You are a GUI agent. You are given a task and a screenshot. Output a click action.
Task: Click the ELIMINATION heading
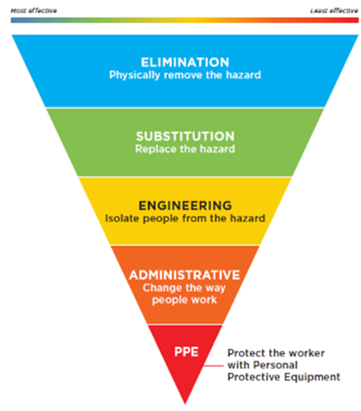coord(185,62)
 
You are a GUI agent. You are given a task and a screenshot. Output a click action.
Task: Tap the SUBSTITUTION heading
coord(185,136)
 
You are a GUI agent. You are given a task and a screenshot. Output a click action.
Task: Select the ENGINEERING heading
coord(185,205)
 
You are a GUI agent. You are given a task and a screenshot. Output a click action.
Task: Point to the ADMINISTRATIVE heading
coord(185,275)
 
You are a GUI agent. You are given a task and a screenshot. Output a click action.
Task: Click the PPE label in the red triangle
coord(187,352)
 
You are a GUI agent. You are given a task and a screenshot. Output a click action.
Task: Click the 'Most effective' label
coord(34,11)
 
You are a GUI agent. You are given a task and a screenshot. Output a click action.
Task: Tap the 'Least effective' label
coord(334,11)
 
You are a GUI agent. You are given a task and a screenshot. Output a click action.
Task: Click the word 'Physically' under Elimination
coord(135,76)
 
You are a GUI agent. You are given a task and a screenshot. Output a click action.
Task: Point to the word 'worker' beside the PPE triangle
coord(308,353)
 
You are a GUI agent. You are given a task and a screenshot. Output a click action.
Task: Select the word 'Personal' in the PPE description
coord(275,365)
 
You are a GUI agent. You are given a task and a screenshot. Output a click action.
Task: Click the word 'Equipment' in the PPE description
coord(312,377)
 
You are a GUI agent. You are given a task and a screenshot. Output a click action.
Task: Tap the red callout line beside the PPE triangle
coord(214,366)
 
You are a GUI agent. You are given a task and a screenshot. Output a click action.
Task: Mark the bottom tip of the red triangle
coord(185,404)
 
